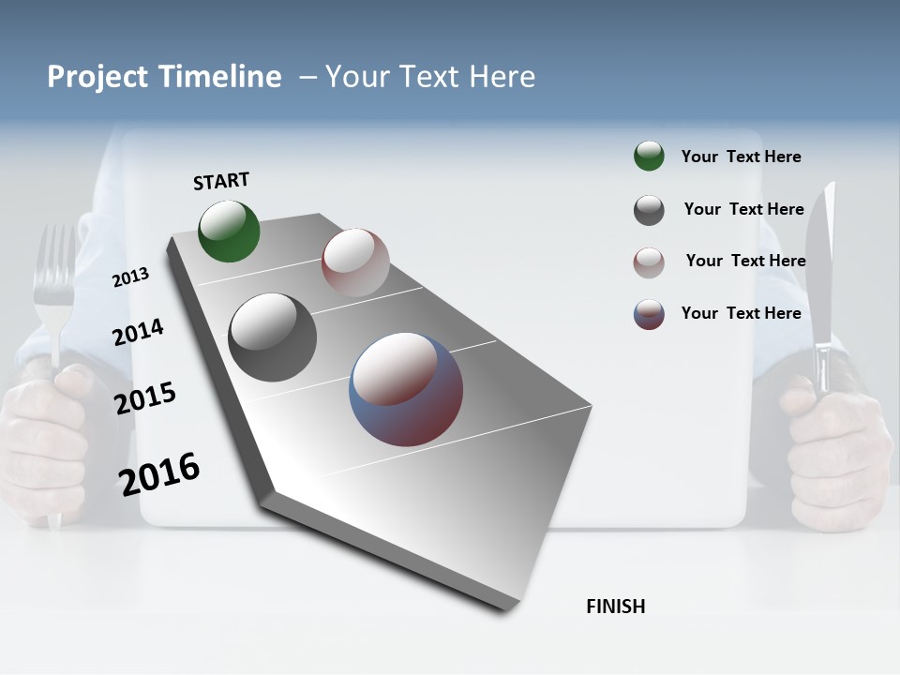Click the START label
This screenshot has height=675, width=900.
click(221, 181)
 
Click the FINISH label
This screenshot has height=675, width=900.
click(615, 607)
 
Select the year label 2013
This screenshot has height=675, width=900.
click(130, 277)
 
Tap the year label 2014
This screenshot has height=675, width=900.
click(138, 332)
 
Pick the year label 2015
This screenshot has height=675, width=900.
click(144, 398)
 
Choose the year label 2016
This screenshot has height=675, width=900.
click(158, 473)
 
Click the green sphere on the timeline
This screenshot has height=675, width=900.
click(229, 231)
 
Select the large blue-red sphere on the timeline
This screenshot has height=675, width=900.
click(406, 389)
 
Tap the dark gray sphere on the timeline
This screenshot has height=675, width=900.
click(272, 337)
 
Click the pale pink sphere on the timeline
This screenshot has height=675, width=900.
click(355, 262)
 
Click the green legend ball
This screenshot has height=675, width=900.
click(649, 157)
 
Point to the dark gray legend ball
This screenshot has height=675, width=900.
click(649, 210)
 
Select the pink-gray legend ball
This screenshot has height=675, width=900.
click(649, 262)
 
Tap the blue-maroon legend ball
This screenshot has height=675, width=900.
click(649, 314)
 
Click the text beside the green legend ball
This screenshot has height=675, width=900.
click(741, 157)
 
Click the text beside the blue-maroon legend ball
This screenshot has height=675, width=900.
click(741, 313)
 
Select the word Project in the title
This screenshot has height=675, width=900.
click(97, 77)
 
